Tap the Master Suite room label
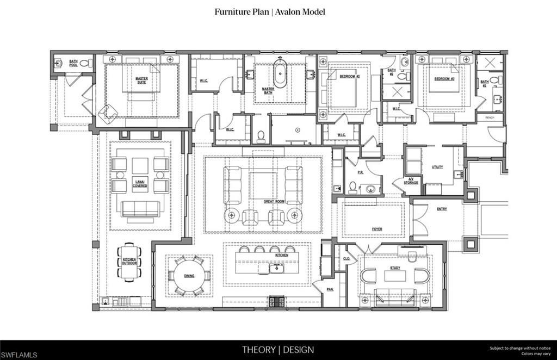(141, 80)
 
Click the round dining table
(189, 276)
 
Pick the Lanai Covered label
(140, 184)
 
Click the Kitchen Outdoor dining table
(129, 262)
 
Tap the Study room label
(395, 268)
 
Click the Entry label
(442, 208)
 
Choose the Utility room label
(437, 167)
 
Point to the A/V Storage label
(411, 182)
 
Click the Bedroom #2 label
(348, 77)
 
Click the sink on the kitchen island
(276, 267)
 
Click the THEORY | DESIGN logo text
(278, 350)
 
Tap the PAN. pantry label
(330, 289)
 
